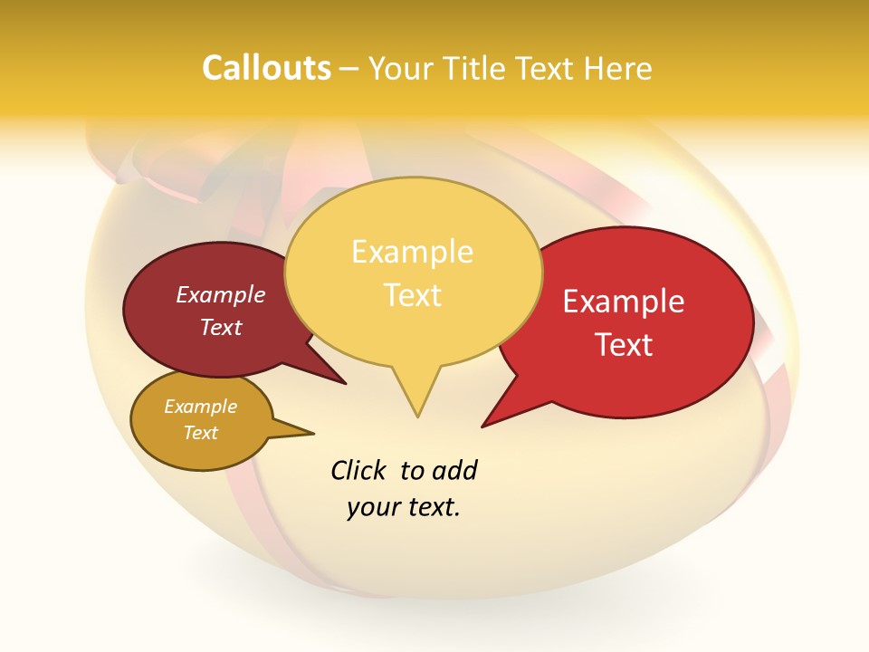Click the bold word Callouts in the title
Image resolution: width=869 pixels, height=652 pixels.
(x=266, y=68)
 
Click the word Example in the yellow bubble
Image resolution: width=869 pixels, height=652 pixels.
(x=412, y=252)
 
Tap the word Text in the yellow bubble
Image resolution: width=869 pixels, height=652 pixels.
(x=413, y=295)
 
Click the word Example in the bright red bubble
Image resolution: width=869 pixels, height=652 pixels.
(x=624, y=302)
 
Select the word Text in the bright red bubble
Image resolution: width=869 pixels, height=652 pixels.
(x=625, y=345)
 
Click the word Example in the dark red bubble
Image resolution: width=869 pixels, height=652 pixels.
(x=221, y=294)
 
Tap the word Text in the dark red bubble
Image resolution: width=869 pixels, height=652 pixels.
(x=221, y=327)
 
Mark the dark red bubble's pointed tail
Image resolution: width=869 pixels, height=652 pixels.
(x=343, y=382)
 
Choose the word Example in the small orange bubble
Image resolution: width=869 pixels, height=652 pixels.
(x=200, y=407)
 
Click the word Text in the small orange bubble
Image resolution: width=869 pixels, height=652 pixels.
(x=201, y=433)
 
